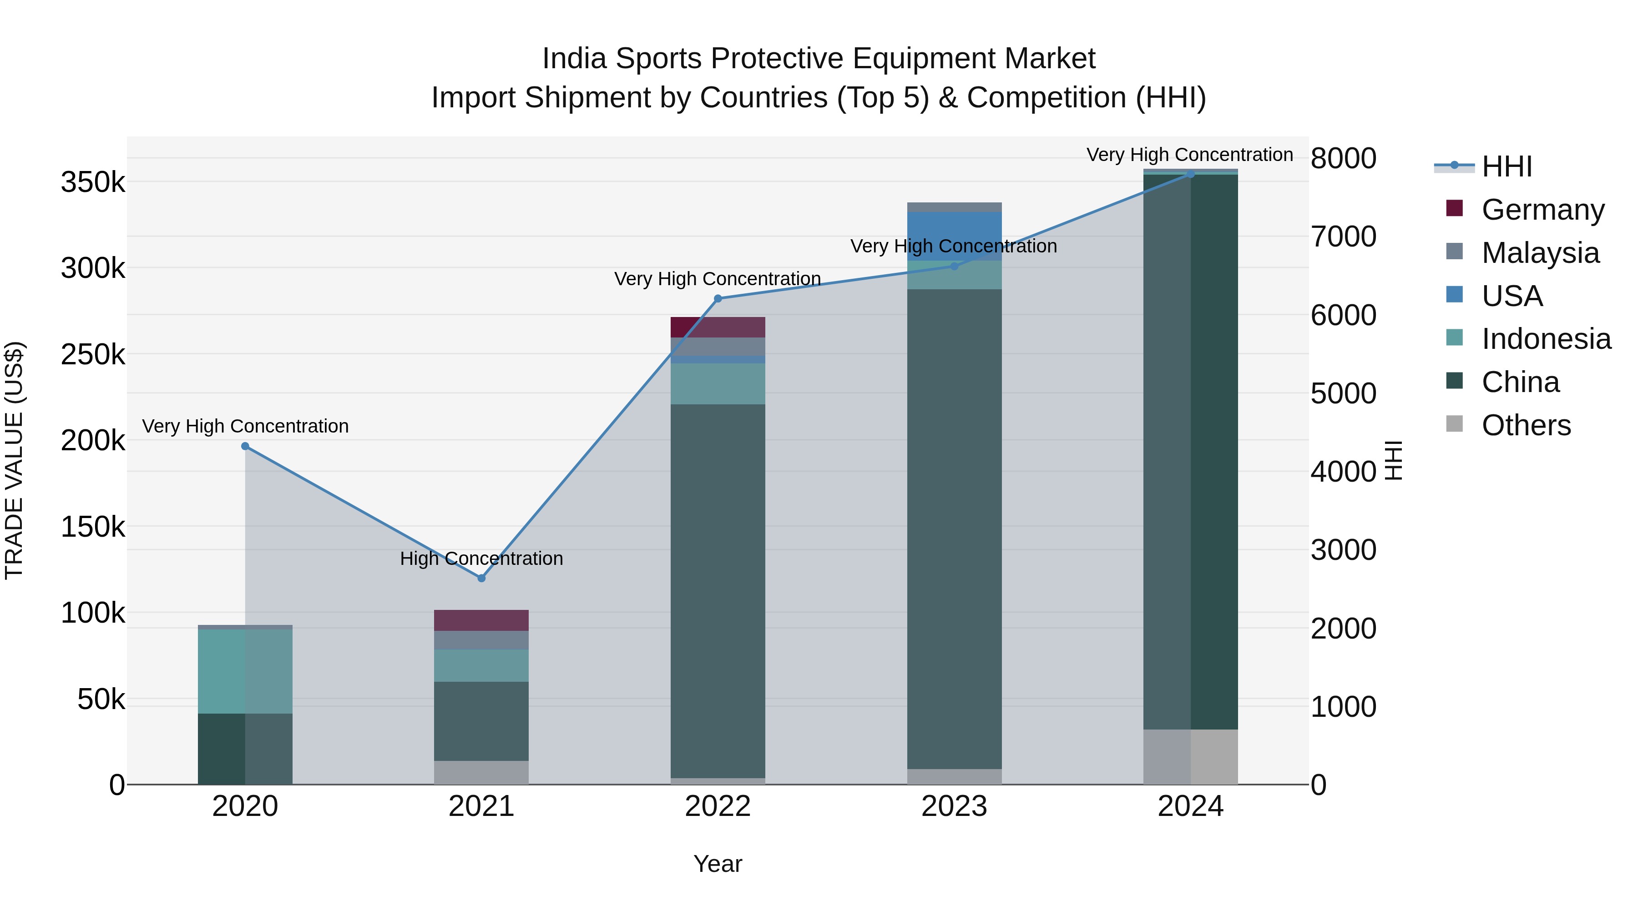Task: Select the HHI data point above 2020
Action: click(245, 446)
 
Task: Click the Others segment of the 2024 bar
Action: click(1190, 757)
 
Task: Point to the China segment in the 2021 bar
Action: click(481, 721)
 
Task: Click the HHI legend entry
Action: click(1507, 166)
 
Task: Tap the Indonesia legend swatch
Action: click(1454, 337)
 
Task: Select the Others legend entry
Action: click(1526, 425)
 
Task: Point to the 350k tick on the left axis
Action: click(93, 183)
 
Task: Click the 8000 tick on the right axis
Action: click(1343, 158)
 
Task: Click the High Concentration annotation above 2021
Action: click(481, 559)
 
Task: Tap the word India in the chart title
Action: click(575, 59)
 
